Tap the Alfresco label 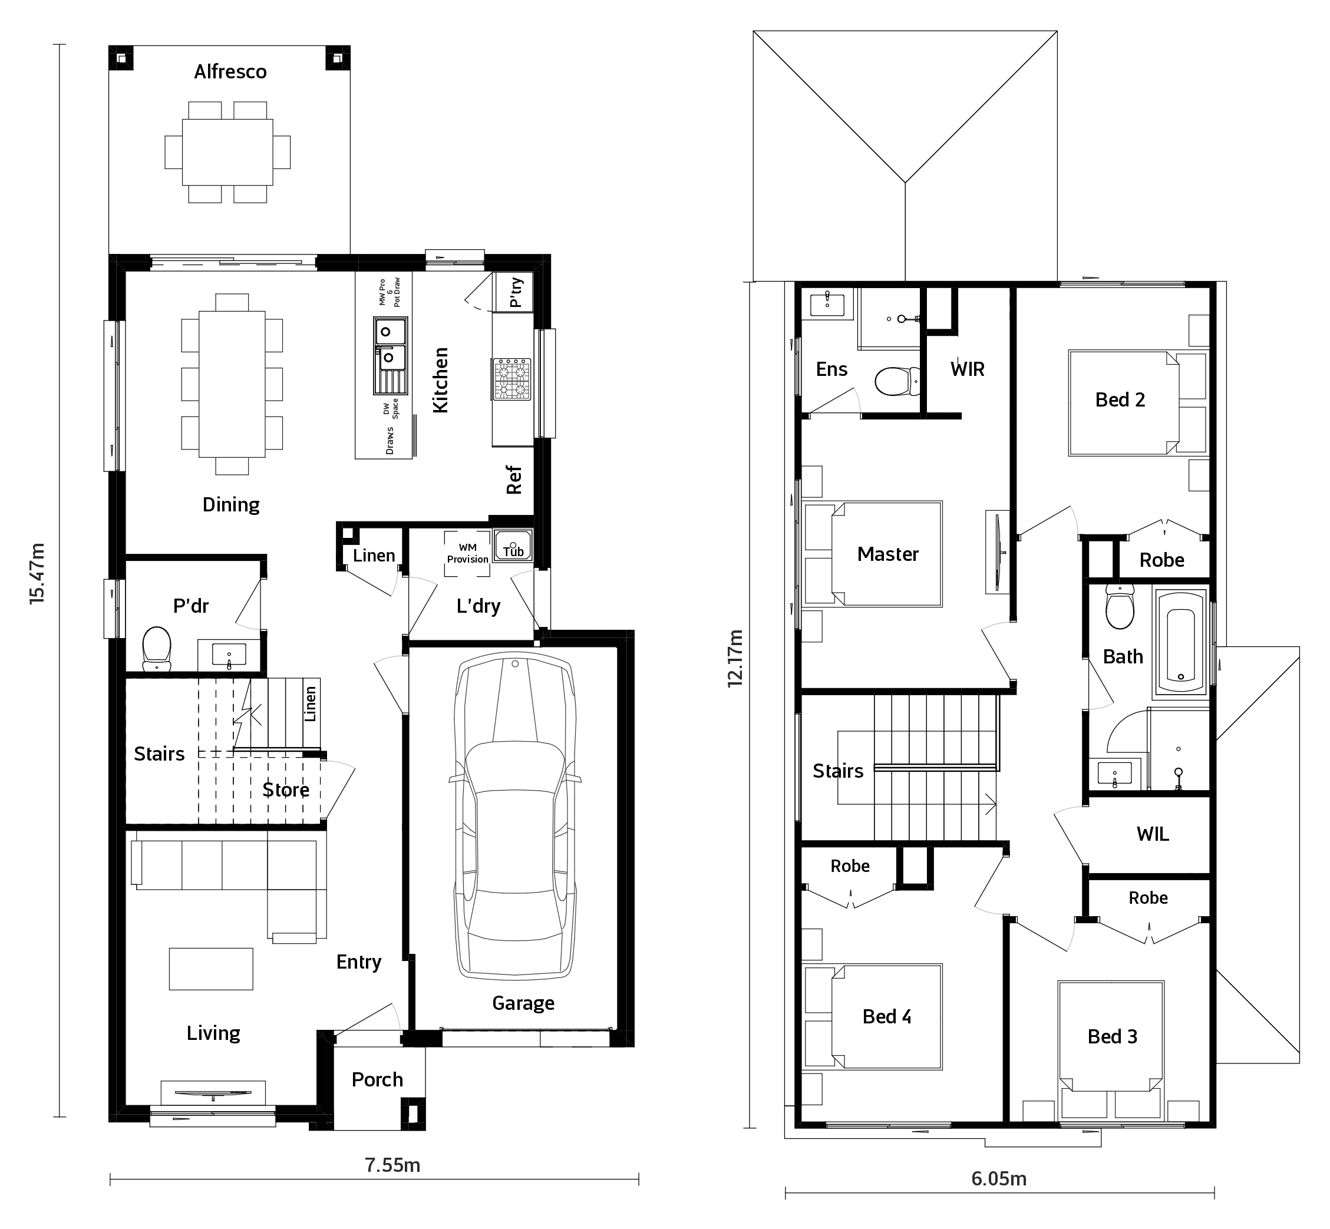[x=230, y=72]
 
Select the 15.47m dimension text [x=37, y=573]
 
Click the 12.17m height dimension [x=735, y=659]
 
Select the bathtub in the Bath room [x=1181, y=642]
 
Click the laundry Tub [x=513, y=546]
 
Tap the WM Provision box [x=467, y=553]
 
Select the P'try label [x=516, y=293]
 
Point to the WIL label [x=1153, y=834]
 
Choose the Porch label [x=377, y=1079]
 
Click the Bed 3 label [x=1112, y=1037]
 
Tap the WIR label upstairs [x=968, y=369]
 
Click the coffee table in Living [x=211, y=969]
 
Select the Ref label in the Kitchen [x=514, y=480]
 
